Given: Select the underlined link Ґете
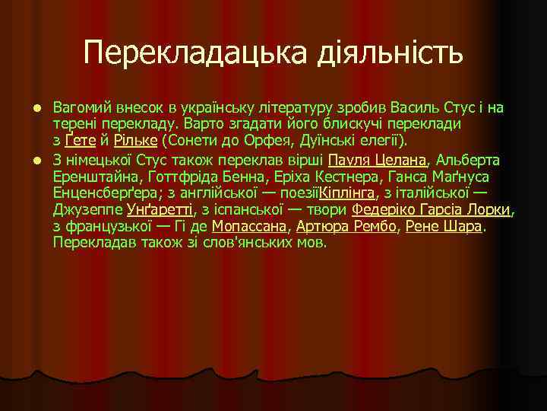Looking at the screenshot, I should click(x=80, y=142).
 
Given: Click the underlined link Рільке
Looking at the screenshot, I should click(x=135, y=142).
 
